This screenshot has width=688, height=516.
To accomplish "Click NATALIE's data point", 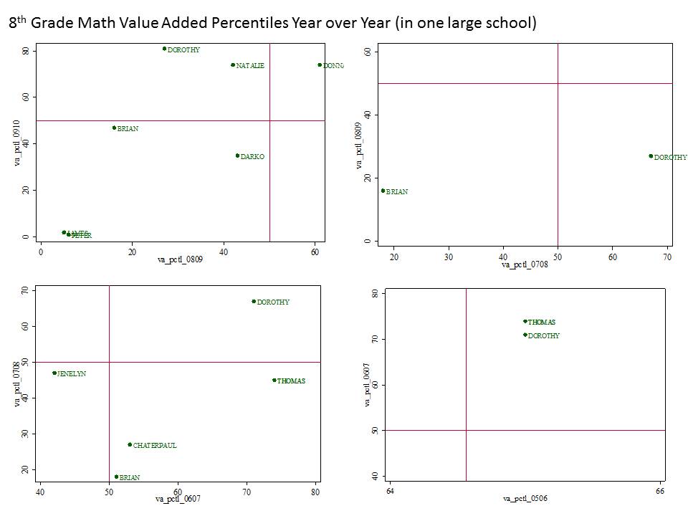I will tap(233, 64).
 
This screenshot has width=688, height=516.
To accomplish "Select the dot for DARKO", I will tap(237, 156).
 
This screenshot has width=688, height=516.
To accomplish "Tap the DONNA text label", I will tap(333, 65).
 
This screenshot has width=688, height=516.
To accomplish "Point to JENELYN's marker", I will tap(54, 373).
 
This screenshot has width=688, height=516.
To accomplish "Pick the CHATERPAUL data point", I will tap(130, 444).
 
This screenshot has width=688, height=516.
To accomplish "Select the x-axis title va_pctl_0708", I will tap(524, 265).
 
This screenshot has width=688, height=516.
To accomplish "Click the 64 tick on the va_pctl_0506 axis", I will tap(390, 492).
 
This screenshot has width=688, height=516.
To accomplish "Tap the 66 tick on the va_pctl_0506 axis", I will tap(660, 492).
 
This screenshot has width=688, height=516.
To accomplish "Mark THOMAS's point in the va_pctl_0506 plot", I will tap(525, 322).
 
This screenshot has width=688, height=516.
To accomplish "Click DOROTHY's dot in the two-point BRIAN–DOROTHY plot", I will tap(651, 156).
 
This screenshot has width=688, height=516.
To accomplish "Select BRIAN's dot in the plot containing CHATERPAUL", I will tap(116, 476).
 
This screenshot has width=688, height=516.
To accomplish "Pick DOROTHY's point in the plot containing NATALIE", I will tap(164, 49).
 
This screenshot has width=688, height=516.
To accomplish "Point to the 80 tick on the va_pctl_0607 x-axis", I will tap(316, 492).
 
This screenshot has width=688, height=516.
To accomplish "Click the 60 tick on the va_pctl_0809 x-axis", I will tap(315, 252).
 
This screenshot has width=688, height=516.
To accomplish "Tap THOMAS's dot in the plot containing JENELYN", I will tap(274, 380).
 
